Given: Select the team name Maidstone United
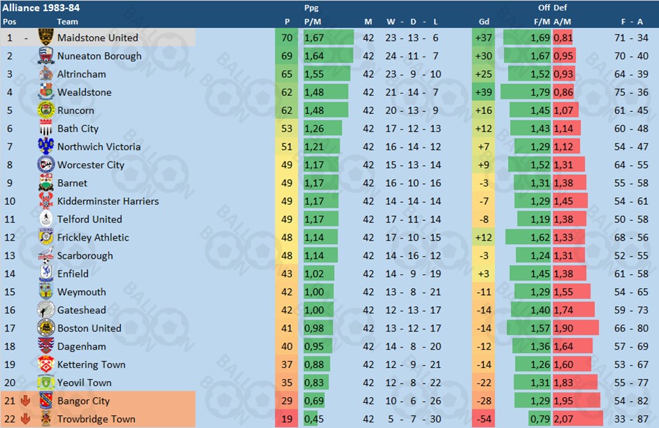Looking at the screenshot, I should tap(97, 38).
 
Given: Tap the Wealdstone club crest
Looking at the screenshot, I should tap(46, 92).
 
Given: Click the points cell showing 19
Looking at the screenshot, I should tap(287, 420).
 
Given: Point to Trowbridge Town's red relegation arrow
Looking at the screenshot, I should tap(26, 420).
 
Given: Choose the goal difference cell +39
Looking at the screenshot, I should tap(482, 92).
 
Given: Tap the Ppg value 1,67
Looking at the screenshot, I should tap(314, 38).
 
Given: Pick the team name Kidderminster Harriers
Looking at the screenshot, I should tap(108, 201).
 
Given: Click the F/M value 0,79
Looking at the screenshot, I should tap(541, 420).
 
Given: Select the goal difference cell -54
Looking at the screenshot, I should tap(482, 420).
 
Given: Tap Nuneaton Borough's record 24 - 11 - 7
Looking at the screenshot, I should tap(412, 56).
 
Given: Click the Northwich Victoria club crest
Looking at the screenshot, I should tap(46, 147).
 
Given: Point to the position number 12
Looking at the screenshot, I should tap(10, 238).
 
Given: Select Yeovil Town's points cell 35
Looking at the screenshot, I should tap(287, 383).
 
